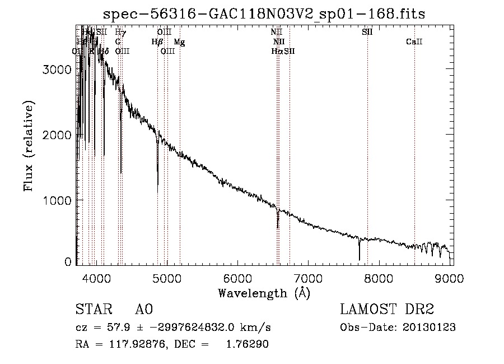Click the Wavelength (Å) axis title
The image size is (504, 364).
(264, 292)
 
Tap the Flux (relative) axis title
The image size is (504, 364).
(29, 146)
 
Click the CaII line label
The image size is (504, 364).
(414, 42)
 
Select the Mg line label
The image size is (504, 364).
(179, 42)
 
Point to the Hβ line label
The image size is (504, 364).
(157, 42)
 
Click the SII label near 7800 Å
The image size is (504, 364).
(367, 33)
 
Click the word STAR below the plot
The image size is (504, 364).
(92, 310)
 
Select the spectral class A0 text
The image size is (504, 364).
(144, 310)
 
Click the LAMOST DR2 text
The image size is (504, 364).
(387, 310)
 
